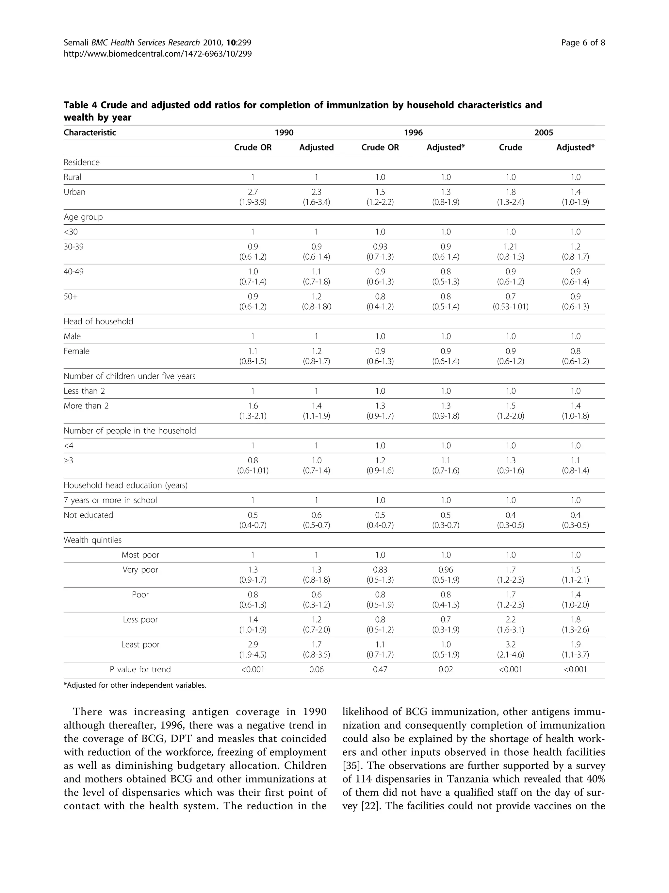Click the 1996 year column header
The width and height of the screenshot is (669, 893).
coord(413,132)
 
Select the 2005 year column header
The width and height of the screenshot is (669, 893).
coord(543,132)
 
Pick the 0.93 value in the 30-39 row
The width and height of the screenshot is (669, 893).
coord(380,247)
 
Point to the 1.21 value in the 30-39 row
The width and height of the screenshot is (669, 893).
coord(511,247)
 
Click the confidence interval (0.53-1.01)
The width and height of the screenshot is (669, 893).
coord(511,307)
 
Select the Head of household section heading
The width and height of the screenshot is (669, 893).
coord(98,321)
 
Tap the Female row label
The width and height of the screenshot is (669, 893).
coord(77,351)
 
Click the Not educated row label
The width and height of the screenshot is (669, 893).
coord(88,515)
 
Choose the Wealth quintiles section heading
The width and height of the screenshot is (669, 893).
coord(93,540)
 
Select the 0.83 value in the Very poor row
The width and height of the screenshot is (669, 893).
coord(380,570)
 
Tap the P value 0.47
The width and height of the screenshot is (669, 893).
coord(380,670)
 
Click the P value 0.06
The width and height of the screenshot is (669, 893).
coord(317,670)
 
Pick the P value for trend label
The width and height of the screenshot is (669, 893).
coord(140,670)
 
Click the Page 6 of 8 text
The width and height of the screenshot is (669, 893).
coord(583,43)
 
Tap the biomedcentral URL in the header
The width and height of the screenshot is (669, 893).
coord(158,54)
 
